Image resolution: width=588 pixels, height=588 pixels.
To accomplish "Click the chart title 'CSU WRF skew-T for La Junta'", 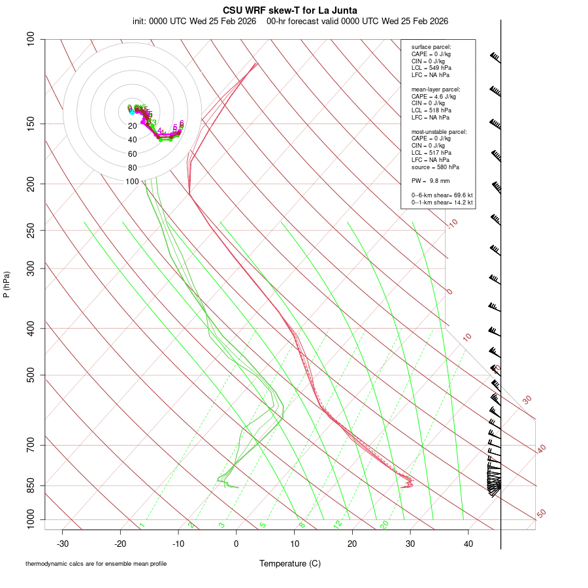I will click(290, 10).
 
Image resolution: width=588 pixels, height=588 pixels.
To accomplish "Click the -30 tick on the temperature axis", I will click(63, 544).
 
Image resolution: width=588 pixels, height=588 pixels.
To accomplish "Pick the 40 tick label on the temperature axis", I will click(468, 544).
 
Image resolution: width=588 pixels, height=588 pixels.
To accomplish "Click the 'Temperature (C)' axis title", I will click(290, 563).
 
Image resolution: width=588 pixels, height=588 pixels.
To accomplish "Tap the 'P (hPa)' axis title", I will click(7, 285).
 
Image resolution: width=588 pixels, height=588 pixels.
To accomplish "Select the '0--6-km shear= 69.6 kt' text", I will click(442, 195).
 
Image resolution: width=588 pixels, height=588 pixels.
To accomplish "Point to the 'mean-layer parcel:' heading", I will click(436, 89).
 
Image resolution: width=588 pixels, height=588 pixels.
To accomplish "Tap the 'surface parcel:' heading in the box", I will click(431, 47).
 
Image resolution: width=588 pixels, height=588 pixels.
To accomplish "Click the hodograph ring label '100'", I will click(133, 181).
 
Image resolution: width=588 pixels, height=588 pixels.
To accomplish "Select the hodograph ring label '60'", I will click(133, 154).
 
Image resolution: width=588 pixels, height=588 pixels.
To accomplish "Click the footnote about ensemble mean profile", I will click(96, 564).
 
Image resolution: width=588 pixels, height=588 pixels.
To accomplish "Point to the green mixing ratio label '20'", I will click(385, 525).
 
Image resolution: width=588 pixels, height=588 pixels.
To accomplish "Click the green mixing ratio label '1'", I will click(142, 525).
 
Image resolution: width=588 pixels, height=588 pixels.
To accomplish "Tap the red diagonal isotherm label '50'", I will click(541, 514).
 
